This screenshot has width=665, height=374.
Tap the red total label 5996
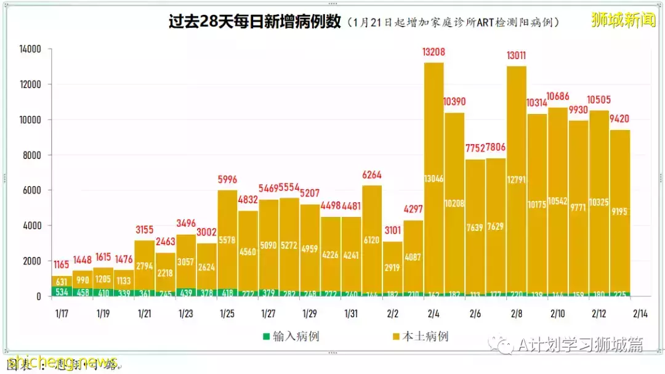click(228, 180)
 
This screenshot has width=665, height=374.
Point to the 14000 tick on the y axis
click(30, 49)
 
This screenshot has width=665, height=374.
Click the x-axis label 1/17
click(62, 314)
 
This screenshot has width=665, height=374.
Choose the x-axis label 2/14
click(641, 314)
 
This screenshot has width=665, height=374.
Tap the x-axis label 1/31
click(351, 314)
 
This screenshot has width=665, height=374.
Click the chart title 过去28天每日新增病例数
click(254, 22)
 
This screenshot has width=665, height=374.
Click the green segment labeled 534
click(62, 291)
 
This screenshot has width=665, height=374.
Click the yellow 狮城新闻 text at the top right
click(623, 20)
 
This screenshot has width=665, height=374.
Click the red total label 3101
click(392, 231)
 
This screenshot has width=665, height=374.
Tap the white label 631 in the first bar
click(62, 281)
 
